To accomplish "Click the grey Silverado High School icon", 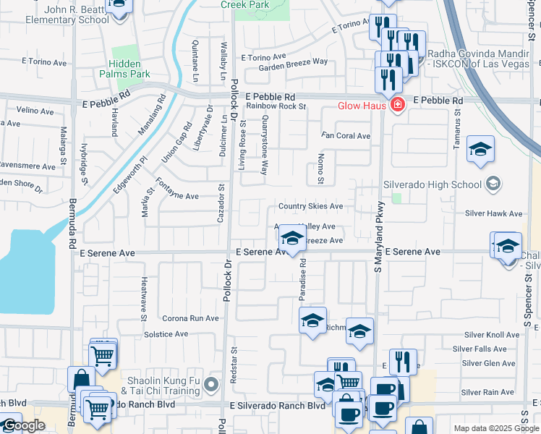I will click(493, 184).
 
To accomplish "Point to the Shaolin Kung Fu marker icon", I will click(211, 384).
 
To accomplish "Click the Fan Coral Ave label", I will click(346, 136).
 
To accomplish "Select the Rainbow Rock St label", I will click(276, 106).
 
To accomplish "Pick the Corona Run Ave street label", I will click(190, 318).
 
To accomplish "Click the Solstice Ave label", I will click(166, 334).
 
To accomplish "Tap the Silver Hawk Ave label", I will click(493, 213).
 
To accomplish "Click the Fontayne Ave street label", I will click(177, 196).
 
